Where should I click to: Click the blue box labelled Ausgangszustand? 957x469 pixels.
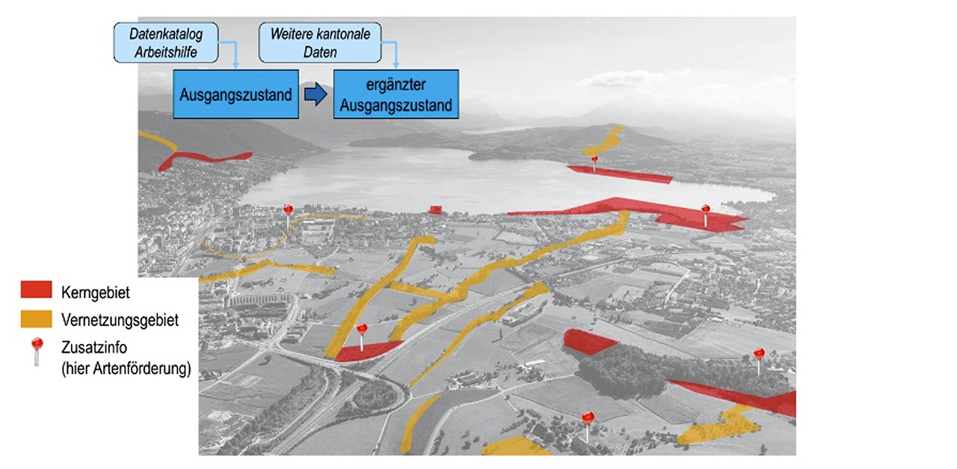pyautogui.click(x=236, y=94)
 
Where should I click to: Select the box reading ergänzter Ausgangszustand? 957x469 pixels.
pyautogui.click(x=396, y=94)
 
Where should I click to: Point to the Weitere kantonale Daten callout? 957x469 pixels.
pyautogui.click(x=320, y=42)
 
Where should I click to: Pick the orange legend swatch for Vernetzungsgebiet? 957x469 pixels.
pyautogui.click(x=37, y=319)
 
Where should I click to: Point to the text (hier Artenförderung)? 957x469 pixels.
pyautogui.click(x=126, y=368)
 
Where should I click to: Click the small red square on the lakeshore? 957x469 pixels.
pyautogui.click(x=435, y=209)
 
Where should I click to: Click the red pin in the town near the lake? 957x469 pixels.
pyautogui.click(x=288, y=211)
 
